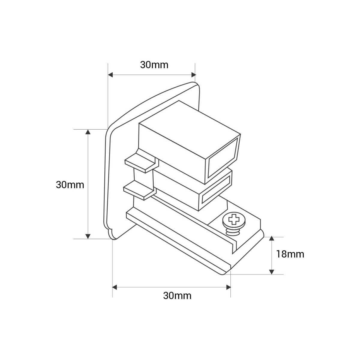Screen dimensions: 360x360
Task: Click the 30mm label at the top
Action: pyautogui.click(x=154, y=65)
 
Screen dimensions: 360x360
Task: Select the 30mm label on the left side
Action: pyautogui.click(x=70, y=185)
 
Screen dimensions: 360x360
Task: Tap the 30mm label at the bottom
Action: pyautogui.click(x=177, y=296)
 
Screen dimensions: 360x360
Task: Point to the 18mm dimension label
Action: pyautogui.click(x=290, y=254)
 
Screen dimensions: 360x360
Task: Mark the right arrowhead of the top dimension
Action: pyautogui.click(x=193, y=75)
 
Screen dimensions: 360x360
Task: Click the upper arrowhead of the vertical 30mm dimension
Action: pyautogui.click(x=88, y=132)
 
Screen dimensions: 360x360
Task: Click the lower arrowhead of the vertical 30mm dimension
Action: pyautogui.click(x=88, y=236)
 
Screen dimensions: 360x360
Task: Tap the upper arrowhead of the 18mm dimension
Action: pyautogui.click(x=271, y=239)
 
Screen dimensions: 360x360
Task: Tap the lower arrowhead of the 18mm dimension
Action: pyautogui.click(x=271, y=271)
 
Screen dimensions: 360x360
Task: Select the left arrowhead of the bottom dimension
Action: pyautogui.click(x=115, y=287)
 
